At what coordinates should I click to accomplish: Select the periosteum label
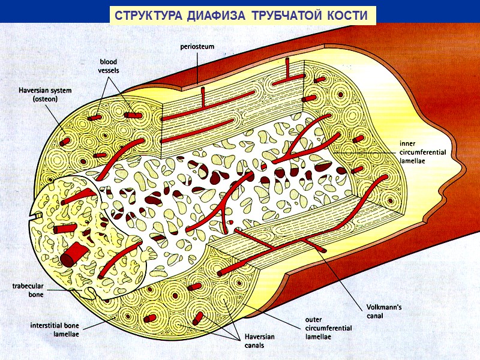(x=197, y=46)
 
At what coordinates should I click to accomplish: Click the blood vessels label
(x=109, y=66)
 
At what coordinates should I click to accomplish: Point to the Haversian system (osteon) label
(x=45, y=95)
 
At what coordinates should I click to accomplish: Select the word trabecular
(x=28, y=286)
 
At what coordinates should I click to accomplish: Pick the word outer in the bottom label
(x=314, y=320)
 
